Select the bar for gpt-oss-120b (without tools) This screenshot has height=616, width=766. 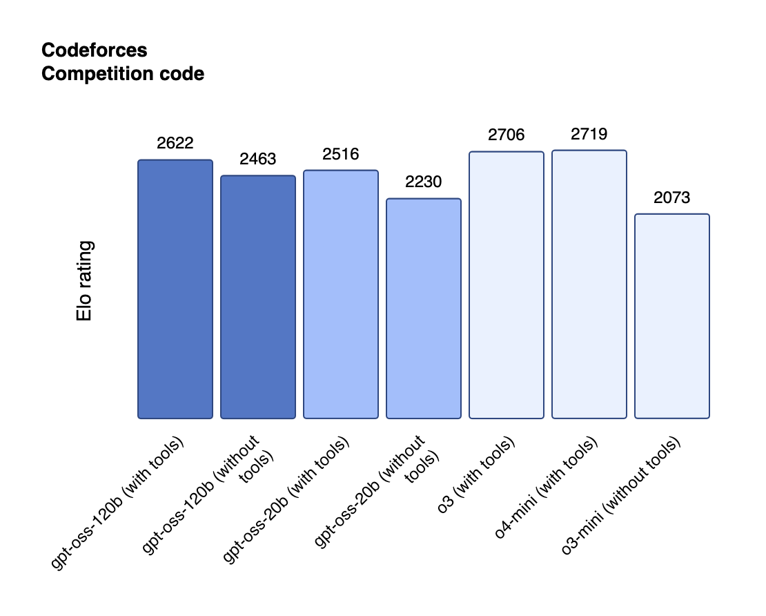pyautogui.click(x=258, y=297)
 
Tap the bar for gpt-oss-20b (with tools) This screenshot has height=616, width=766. pyautogui.click(x=341, y=294)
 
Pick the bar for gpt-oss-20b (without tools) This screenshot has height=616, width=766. pyautogui.click(x=424, y=308)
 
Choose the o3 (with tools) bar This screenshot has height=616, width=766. pyautogui.click(x=507, y=285)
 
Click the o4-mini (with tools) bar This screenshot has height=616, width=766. pyautogui.click(x=589, y=284)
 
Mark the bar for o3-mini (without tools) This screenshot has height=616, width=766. pyautogui.click(x=672, y=316)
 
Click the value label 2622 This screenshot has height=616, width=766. pyautogui.click(x=175, y=144)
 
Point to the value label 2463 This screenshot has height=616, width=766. pyautogui.click(x=258, y=160)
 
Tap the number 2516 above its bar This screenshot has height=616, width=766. pyautogui.click(x=341, y=154)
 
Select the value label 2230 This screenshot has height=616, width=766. pyautogui.click(x=424, y=182)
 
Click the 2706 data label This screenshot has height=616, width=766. pyautogui.click(x=507, y=135)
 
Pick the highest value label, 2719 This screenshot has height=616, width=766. pyautogui.click(x=589, y=134)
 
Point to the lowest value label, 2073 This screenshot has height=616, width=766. pyautogui.click(x=672, y=198)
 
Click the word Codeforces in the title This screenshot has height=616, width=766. pyautogui.click(x=94, y=50)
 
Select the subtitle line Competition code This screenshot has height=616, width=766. pyautogui.click(x=123, y=74)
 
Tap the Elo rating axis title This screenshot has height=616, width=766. pyautogui.click(x=84, y=281)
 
